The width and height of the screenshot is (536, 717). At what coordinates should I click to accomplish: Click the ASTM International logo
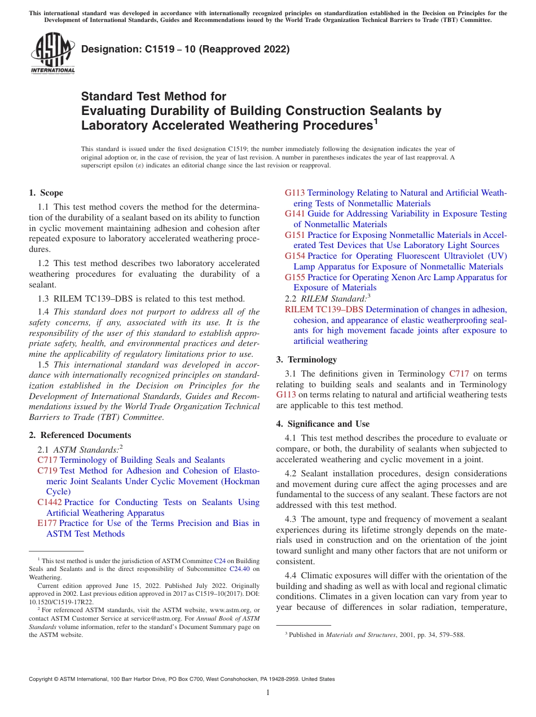point(52,54)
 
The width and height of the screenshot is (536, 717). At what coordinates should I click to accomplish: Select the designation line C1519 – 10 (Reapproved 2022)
point(185,49)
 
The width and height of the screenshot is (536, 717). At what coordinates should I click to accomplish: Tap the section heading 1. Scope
point(46,193)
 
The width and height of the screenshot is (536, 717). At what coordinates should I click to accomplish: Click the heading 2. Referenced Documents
point(80,435)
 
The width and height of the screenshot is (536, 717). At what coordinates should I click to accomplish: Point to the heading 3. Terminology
point(306,359)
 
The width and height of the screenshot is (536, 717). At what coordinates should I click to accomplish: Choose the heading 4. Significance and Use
point(323,423)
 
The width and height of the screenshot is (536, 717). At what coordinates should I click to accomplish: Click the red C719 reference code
point(47,471)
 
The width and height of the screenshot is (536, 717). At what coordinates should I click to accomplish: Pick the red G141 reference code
point(295,214)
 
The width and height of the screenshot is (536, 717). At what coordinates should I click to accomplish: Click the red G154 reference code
point(295,256)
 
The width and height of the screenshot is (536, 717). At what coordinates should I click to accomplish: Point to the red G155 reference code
point(295,277)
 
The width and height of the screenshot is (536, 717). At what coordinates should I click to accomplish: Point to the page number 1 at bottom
point(268,693)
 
